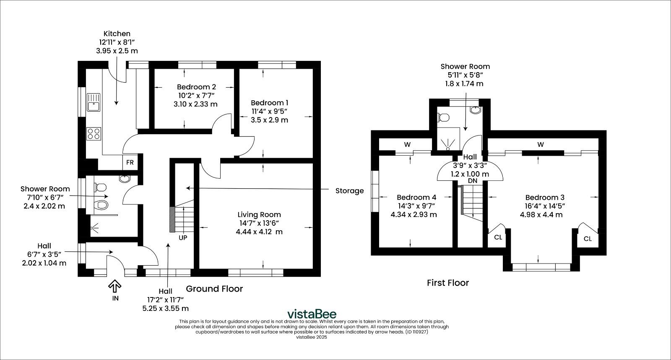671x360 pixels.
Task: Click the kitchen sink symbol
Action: pyautogui.click(x=94, y=102)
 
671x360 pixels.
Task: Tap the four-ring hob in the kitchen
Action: pyautogui.click(x=94, y=134)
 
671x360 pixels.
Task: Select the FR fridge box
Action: pyautogui.click(x=130, y=162)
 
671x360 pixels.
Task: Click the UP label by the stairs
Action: pyautogui.click(x=183, y=238)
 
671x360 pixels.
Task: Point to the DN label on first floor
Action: pyautogui.click(x=473, y=181)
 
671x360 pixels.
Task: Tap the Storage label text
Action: pyautogui.click(x=350, y=191)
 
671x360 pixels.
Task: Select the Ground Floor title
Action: pyautogui.click(x=214, y=289)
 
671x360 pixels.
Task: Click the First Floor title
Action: pyautogui.click(x=448, y=283)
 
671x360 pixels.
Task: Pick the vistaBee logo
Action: pyautogui.click(x=312, y=314)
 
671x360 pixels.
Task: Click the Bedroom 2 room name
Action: pyautogui.click(x=196, y=87)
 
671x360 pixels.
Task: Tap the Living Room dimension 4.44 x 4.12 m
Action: pyautogui.click(x=259, y=232)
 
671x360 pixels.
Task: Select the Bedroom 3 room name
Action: pyautogui.click(x=545, y=198)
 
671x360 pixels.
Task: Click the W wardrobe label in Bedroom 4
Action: pyautogui.click(x=407, y=145)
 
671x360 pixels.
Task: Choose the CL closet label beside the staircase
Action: pyautogui.click(x=498, y=237)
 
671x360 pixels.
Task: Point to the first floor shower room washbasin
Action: pyautogui.click(x=476, y=110)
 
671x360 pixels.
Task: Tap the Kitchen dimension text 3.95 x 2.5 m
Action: pyautogui.click(x=117, y=51)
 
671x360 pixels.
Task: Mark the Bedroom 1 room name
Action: pyautogui.click(x=270, y=103)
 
